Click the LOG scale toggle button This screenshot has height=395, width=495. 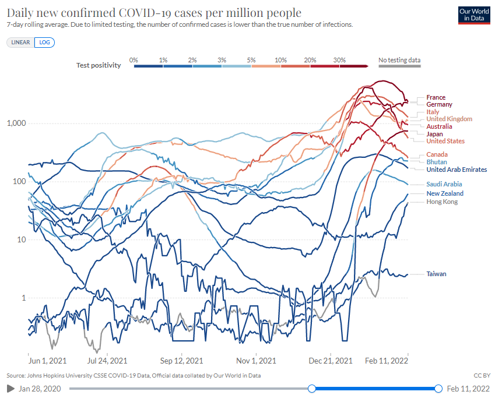pyautogui.click(x=44, y=43)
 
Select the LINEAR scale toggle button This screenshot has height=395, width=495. pyautogui.click(x=21, y=43)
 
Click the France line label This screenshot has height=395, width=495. pyautogui.click(x=436, y=97)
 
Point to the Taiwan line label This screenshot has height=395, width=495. pyautogui.click(x=436, y=273)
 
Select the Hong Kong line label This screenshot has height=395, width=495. pyautogui.click(x=442, y=202)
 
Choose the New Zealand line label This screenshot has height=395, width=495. pyautogui.click(x=445, y=193)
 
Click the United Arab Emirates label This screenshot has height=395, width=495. pyautogui.click(x=457, y=170)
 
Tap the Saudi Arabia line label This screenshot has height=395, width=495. pyautogui.click(x=444, y=184)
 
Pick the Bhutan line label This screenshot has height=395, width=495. pyautogui.click(x=437, y=161)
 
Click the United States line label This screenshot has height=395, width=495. pyautogui.click(x=445, y=141)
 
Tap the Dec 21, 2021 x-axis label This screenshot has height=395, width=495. pyautogui.click(x=331, y=361)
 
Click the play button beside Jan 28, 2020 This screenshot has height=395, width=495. pyautogui.click(x=10, y=388)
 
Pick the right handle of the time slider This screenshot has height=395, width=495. pyautogui.click(x=438, y=389)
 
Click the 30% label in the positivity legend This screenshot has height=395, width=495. pyautogui.click(x=340, y=60)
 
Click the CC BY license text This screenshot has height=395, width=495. pyautogui.click(x=481, y=375)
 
